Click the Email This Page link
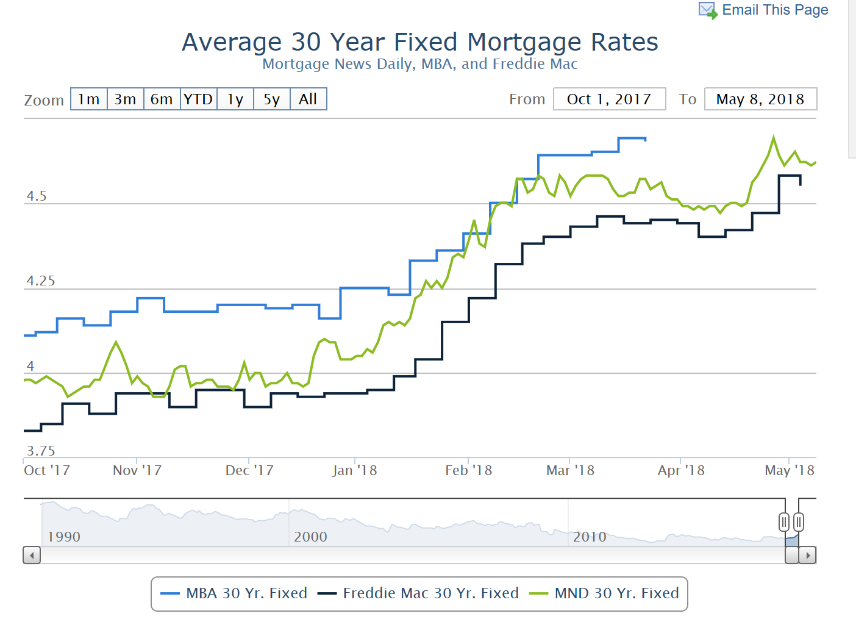[774, 10]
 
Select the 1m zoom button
[89, 99]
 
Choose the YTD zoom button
[198, 99]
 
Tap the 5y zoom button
[271, 99]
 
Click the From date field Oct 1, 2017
[609, 99]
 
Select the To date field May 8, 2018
[760, 99]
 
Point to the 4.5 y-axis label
[37, 196]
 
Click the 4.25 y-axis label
[40, 281]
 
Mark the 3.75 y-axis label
[40, 451]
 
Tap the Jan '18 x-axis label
[355, 470]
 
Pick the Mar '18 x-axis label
[570, 470]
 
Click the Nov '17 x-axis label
[137, 470]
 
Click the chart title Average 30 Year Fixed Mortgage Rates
[420, 42]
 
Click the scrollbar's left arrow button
[32, 556]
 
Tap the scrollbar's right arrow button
[808, 556]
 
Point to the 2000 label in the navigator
[310, 537]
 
